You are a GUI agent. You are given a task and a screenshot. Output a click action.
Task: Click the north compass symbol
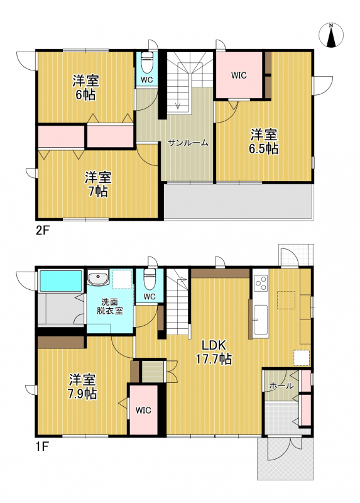(331, 35)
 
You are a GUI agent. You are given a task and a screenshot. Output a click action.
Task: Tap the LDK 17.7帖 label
(214, 352)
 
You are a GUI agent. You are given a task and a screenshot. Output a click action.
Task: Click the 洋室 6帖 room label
(85, 87)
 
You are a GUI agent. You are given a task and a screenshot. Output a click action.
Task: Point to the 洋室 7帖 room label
(98, 184)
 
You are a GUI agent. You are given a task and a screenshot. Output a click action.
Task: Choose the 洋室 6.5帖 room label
(264, 141)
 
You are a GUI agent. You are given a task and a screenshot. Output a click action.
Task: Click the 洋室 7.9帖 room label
(82, 387)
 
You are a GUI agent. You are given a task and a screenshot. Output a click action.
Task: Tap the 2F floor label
(42, 231)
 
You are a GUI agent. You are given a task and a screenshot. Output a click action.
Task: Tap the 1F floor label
(41, 447)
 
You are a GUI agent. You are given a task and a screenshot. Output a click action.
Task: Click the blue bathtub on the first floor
(60, 280)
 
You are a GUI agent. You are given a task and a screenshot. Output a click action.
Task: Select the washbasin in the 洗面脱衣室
(99, 278)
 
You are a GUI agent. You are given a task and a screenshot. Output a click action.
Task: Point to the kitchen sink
(260, 320)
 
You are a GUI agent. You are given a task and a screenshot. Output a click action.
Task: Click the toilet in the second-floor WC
(147, 64)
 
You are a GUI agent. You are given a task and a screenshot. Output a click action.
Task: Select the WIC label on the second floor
(239, 75)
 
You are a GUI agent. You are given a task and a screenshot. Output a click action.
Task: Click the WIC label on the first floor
(143, 411)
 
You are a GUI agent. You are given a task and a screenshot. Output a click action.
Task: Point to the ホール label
(281, 386)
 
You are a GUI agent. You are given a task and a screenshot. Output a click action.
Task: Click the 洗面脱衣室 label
(110, 306)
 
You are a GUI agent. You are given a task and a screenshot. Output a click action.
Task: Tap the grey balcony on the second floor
(238, 201)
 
